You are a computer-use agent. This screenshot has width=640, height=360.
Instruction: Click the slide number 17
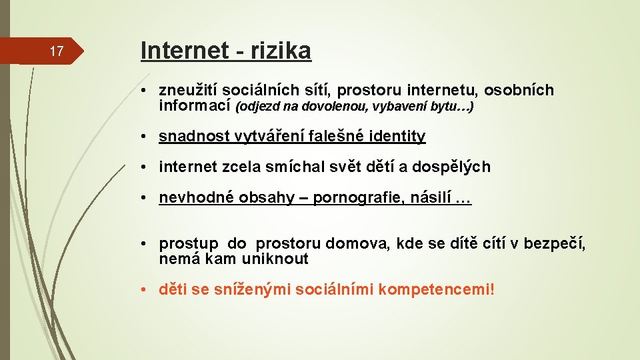coord(57,51)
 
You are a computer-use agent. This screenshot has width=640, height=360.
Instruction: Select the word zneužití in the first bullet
coord(188,91)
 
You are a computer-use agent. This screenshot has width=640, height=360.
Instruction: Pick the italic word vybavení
coord(391,107)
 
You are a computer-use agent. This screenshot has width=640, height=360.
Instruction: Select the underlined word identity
coord(395,137)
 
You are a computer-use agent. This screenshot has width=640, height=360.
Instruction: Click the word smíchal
coord(296,167)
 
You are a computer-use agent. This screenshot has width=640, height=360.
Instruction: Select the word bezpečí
coord(555,244)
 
